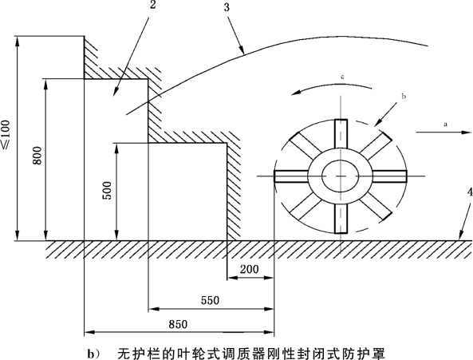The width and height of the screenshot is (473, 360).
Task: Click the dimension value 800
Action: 37,156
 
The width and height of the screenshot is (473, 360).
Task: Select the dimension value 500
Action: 107,191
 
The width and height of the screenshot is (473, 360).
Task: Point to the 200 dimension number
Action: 249,269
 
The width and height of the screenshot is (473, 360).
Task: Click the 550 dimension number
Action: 211,300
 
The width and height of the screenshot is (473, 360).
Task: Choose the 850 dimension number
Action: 178,324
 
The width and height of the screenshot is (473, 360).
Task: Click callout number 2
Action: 153,5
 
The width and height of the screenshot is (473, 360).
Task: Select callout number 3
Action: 227,7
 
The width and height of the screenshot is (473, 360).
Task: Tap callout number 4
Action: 469,193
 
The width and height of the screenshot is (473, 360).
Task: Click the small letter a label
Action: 445,124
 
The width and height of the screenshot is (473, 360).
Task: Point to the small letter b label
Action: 404,97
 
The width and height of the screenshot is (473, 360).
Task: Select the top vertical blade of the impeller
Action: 341,133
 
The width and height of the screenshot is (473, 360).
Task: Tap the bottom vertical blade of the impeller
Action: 341,219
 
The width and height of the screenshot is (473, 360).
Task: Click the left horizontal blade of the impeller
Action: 291,176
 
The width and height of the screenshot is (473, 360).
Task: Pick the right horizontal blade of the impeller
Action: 390,176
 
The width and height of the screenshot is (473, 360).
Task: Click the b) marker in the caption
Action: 93,354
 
